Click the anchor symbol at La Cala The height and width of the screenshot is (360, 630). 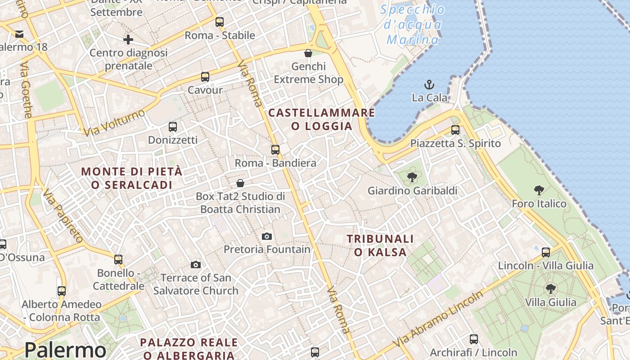429,84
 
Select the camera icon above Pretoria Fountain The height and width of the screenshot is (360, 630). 267,236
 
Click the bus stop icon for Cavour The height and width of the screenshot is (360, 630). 205,77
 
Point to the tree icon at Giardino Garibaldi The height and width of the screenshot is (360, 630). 412,177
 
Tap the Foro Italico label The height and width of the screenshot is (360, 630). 539,204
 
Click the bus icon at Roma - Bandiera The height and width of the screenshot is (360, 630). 275,150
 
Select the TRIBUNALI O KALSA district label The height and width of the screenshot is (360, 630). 380,245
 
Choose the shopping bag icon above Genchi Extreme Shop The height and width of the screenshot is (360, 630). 308,53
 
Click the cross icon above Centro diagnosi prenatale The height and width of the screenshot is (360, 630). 128,40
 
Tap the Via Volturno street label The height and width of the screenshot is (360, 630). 114,122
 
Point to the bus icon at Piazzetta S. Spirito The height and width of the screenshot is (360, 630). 455,130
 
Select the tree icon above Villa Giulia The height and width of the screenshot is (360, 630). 550,288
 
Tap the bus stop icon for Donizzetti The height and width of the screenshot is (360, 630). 173,127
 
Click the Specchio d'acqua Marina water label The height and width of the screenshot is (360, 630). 413,25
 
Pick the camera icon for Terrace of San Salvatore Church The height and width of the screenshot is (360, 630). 196,265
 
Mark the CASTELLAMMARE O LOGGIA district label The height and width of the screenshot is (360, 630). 322,119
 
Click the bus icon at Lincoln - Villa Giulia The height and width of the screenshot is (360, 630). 546,252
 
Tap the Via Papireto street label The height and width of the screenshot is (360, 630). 63,216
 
